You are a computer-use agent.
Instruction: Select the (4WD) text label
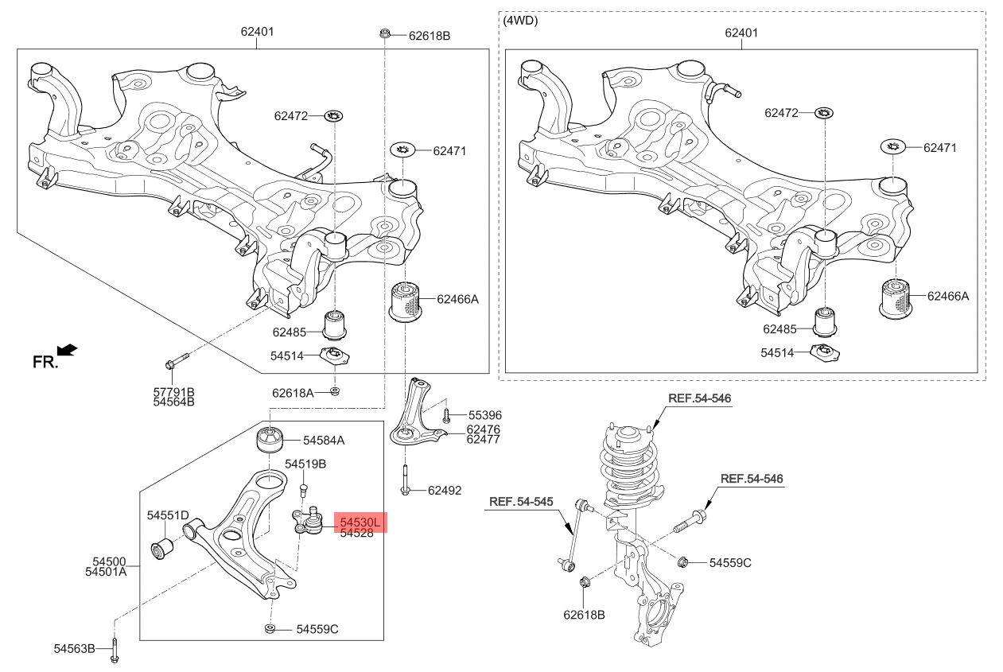pyautogui.click(x=521, y=21)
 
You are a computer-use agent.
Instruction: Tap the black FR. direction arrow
pyautogui.click(x=68, y=350)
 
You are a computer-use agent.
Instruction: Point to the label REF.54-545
pyautogui.click(x=520, y=502)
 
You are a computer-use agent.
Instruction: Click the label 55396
pyautogui.click(x=484, y=415)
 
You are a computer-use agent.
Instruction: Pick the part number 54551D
pyautogui.click(x=167, y=515)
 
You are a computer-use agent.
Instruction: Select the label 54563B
pyautogui.click(x=75, y=649)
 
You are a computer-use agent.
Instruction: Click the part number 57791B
pyautogui.click(x=173, y=391)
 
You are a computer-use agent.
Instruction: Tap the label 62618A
pyautogui.click(x=293, y=392)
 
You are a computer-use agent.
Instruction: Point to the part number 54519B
pyautogui.click(x=305, y=463)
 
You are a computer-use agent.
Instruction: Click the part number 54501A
pyautogui.click(x=105, y=571)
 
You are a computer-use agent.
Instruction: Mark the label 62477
pyautogui.click(x=483, y=439)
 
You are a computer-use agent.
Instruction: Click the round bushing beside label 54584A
pyautogui.click(x=270, y=439)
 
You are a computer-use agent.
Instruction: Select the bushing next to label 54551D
pyautogui.click(x=164, y=549)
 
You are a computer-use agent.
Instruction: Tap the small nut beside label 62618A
pyautogui.click(x=335, y=390)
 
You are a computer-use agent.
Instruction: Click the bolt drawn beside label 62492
pyautogui.click(x=406, y=479)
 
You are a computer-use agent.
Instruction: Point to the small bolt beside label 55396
pyautogui.click(x=447, y=414)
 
